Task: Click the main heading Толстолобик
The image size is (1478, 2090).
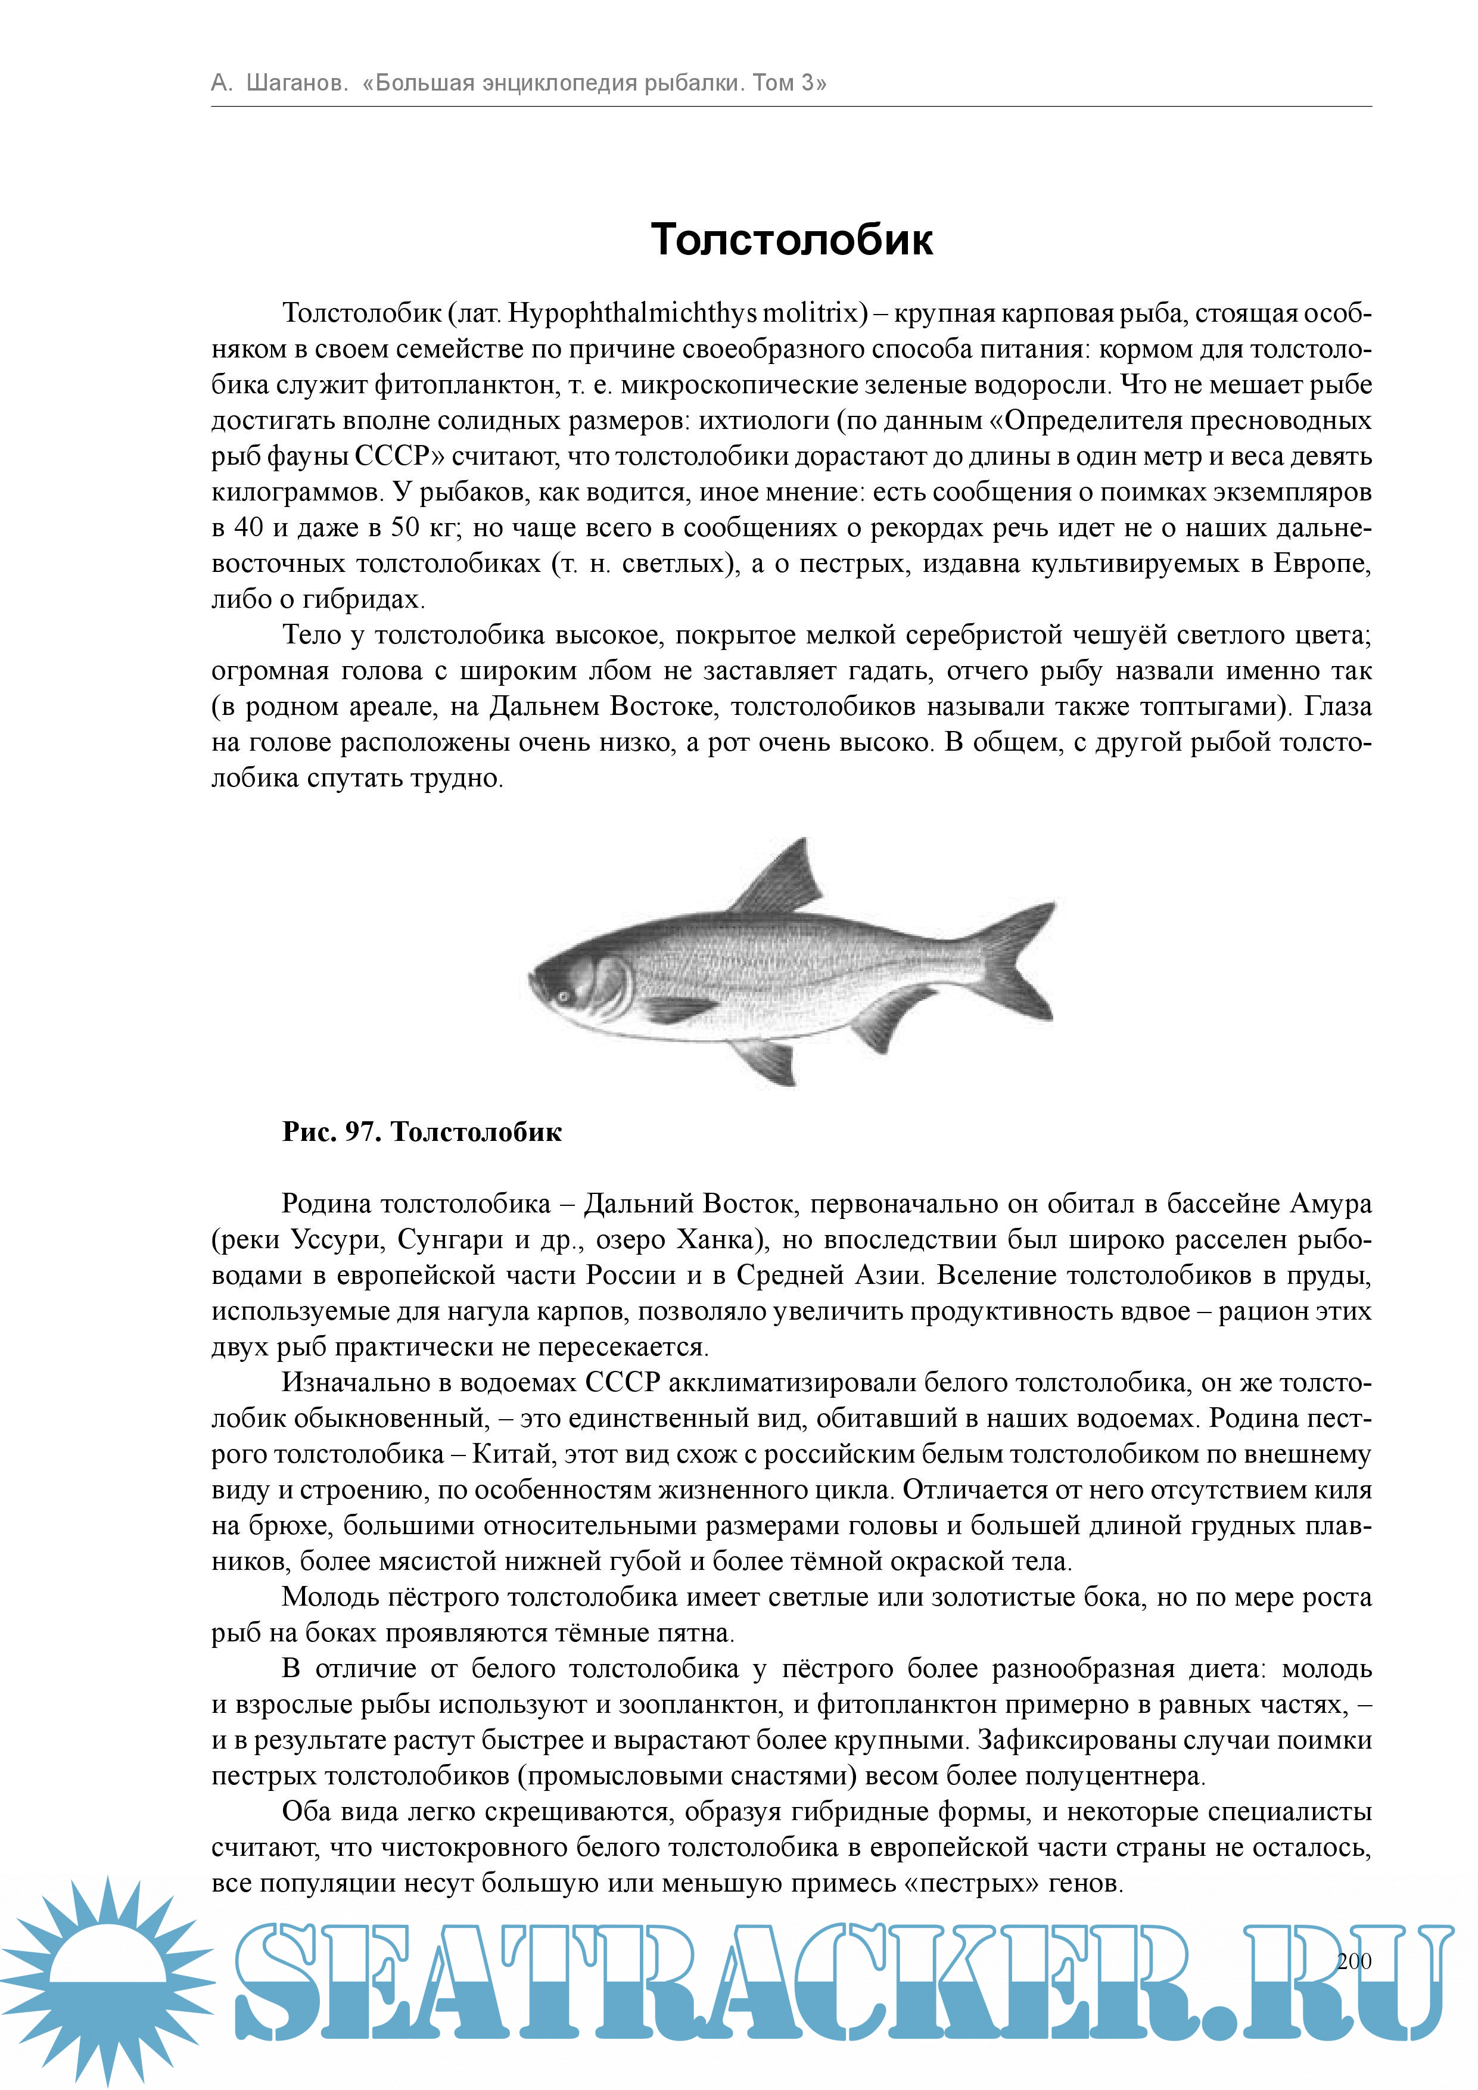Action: click(x=791, y=240)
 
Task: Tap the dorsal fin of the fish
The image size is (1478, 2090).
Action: click(x=785, y=878)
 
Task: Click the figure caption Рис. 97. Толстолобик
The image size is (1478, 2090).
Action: click(x=421, y=1131)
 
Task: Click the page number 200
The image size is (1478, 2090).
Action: click(x=1353, y=1961)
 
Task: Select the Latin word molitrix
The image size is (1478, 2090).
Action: click(x=810, y=313)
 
